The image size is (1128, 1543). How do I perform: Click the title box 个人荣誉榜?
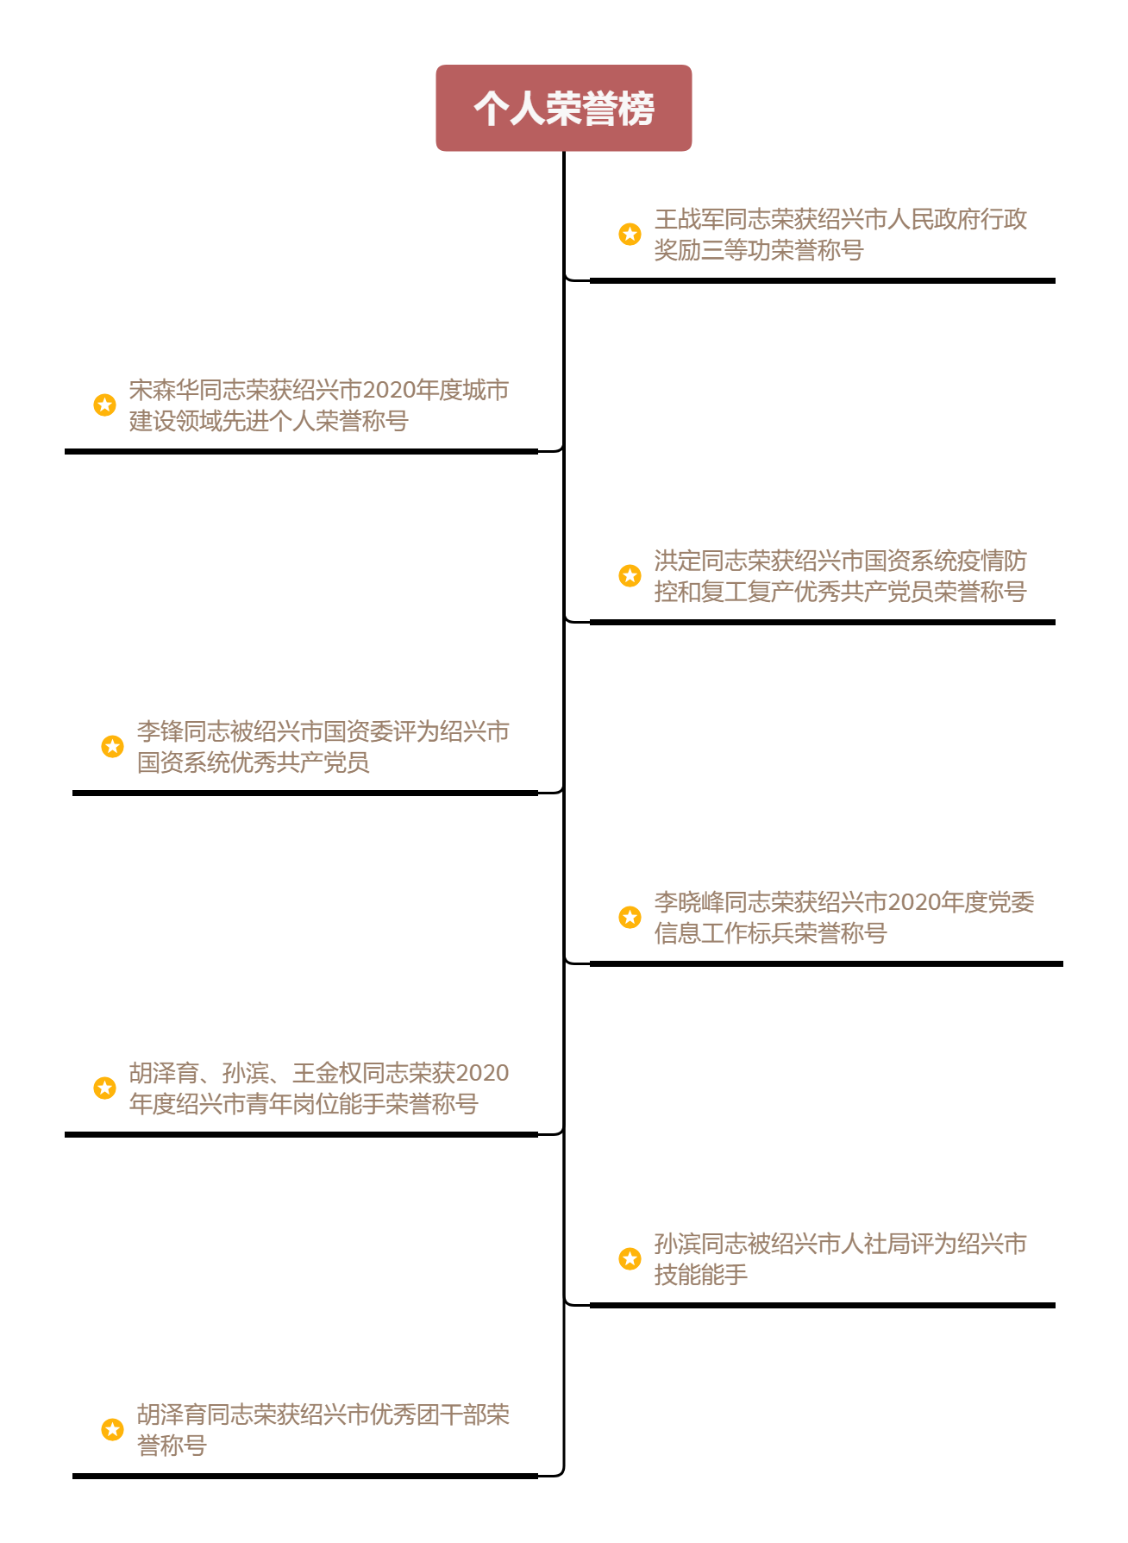tap(564, 108)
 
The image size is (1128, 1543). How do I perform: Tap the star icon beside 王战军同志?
tap(630, 234)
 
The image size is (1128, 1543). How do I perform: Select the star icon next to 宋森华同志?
tap(105, 405)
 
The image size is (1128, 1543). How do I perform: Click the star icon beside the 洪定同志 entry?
tap(630, 575)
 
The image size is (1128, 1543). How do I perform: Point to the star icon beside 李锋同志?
tap(113, 746)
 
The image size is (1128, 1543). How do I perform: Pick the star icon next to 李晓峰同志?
tap(630, 917)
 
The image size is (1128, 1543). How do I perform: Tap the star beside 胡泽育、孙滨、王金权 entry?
tap(105, 1088)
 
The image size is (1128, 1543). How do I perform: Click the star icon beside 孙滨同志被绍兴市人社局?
tap(630, 1258)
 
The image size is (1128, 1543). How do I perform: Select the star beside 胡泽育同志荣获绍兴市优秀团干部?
tap(113, 1429)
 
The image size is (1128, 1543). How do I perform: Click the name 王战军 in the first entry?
tap(689, 219)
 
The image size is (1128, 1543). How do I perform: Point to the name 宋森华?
tap(164, 390)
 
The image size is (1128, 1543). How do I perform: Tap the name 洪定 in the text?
tap(678, 561)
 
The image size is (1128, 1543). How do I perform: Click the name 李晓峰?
tap(689, 902)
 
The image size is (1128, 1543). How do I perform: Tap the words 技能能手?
tap(701, 1275)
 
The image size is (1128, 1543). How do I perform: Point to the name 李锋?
tap(160, 731)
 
